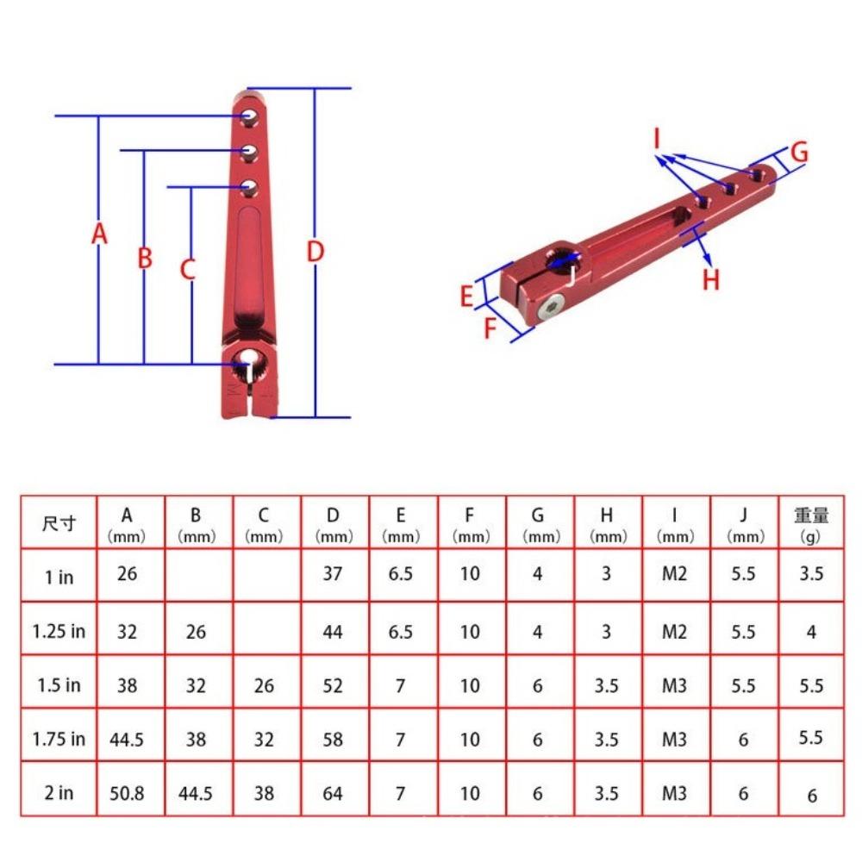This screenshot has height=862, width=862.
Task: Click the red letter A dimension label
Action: click(100, 234)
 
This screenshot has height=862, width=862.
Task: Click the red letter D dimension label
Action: click(315, 252)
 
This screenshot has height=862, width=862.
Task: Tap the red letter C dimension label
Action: click(188, 269)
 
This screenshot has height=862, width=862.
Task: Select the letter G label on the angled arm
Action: click(799, 153)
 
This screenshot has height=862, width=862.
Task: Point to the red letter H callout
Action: click(710, 279)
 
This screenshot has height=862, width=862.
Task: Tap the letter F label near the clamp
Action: click(490, 328)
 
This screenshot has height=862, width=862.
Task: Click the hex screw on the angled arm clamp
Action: click(553, 306)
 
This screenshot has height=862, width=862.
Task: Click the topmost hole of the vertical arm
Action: click(249, 115)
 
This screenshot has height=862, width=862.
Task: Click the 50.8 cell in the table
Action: click(127, 792)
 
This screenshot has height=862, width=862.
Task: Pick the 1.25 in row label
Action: click(59, 631)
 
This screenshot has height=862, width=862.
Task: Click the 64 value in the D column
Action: click(333, 792)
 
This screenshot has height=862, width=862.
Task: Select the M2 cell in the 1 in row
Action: click(674, 573)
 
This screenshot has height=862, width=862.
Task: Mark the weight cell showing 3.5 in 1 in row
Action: click(811, 573)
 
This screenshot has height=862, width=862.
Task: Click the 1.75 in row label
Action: click(59, 739)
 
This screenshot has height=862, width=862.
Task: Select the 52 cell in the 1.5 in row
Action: click(333, 685)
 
